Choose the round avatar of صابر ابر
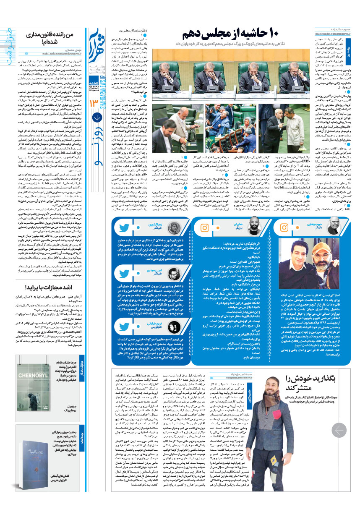[x=253, y=238]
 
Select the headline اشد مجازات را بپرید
[x=48, y=276]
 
